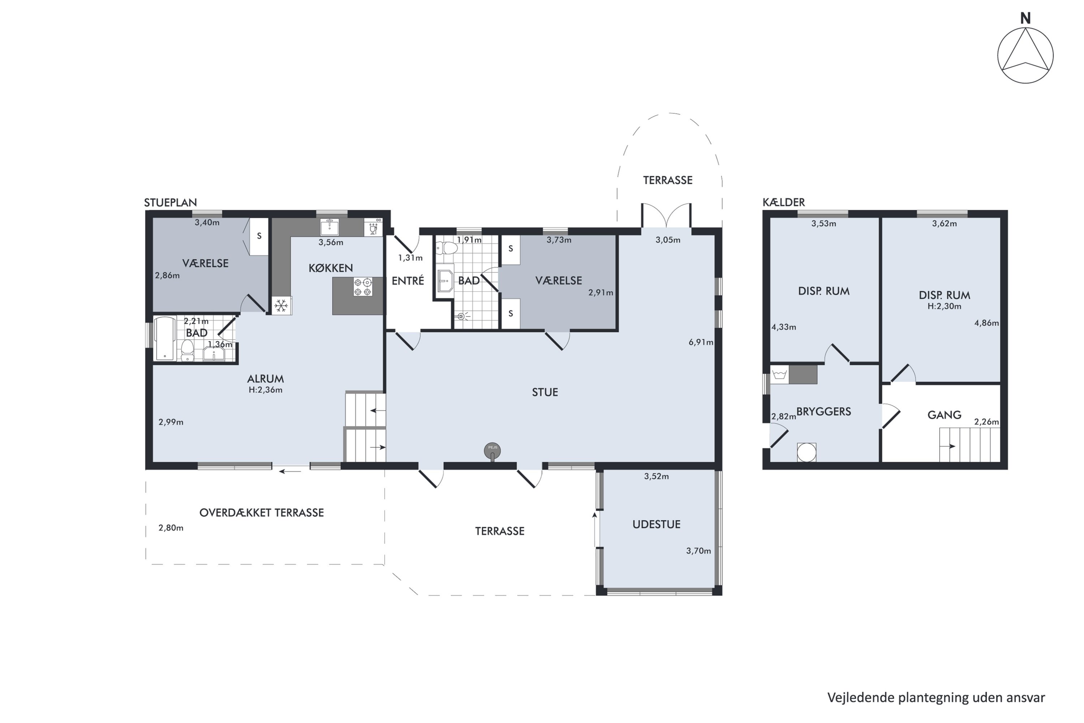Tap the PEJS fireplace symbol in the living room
492,451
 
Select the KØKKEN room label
331,268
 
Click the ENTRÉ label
408,281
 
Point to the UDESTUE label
656,524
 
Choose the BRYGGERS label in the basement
823,412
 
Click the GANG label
945,415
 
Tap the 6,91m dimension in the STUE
701,342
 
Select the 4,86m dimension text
986,323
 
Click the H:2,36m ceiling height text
266,390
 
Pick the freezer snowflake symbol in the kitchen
281,305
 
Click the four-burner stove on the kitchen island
363,287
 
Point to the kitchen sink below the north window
330,227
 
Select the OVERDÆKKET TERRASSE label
261,513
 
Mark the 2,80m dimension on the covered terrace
171,528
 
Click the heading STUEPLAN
171,202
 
